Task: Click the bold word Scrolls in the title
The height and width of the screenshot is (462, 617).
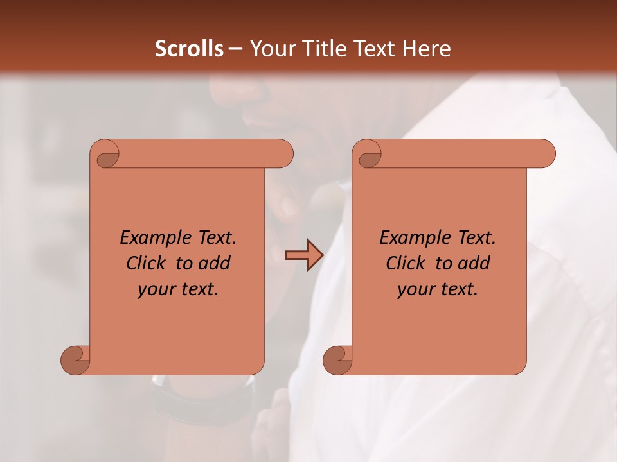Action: point(189,49)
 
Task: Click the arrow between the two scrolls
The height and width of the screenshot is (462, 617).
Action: point(304,255)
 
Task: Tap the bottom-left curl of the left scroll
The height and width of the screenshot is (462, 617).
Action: point(76,360)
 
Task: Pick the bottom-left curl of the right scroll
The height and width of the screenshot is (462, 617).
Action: point(337,360)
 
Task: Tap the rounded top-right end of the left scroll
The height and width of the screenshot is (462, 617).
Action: point(283,153)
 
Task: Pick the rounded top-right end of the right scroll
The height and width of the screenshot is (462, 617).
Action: point(545,153)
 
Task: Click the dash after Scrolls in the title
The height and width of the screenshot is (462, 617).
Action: point(235,49)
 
